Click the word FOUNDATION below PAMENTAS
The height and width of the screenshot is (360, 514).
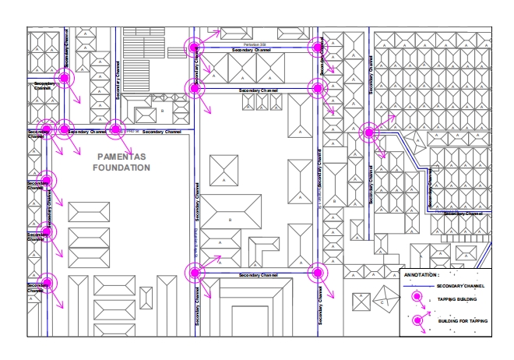point(120,168)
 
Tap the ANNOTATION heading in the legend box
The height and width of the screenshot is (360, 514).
point(422,275)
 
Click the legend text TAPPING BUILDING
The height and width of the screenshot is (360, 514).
point(456,299)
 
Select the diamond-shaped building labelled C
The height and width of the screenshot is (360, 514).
point(383,301)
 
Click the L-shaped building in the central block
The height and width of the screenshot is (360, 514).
point(265,248)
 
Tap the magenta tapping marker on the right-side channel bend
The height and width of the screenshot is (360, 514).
point(368,132)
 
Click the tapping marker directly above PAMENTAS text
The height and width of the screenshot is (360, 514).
point(115,129)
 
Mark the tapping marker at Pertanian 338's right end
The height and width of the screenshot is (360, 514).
point(316,47)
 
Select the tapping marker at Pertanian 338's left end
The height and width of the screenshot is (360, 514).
point(194,48)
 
